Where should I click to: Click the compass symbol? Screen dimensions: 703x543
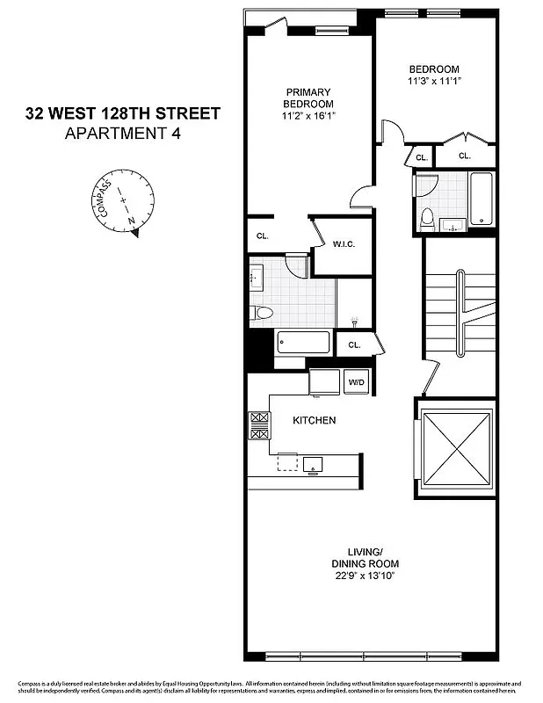click(124, 204)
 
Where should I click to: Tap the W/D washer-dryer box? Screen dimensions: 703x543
click(357, 382)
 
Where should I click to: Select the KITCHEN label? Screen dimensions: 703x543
click(314, 421)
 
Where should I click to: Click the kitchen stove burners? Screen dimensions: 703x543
click(258, 425)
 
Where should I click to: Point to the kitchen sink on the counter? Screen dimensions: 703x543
click(313, 465)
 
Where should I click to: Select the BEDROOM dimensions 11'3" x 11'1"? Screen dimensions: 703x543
click(434, 81)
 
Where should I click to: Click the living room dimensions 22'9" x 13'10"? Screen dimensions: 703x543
click(364, 576)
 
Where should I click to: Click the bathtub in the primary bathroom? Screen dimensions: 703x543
click(303, 341)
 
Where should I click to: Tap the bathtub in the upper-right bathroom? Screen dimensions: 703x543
click(481, 199)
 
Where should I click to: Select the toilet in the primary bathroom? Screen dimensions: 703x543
click(263, 313)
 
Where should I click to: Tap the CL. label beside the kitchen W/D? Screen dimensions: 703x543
click(354, 344)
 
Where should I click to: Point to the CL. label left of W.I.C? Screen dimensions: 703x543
click(262, 236)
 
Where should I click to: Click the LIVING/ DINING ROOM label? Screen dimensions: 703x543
click(364, 556)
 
